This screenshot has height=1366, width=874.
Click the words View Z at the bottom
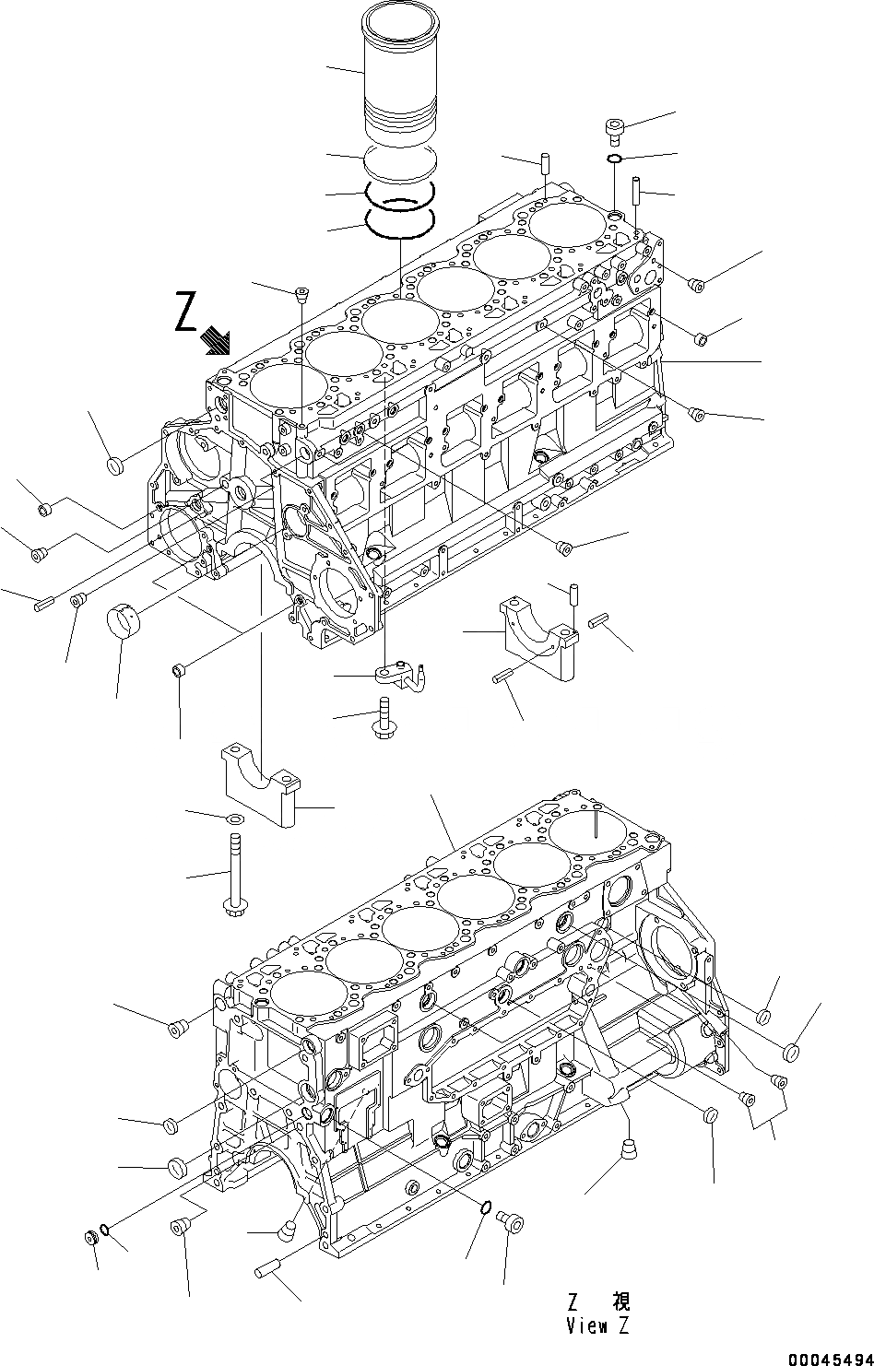[600, 1326]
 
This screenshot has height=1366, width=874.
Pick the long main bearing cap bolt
[231, 874]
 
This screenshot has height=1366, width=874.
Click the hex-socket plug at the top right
[615, 129]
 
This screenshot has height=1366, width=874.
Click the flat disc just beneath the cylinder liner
[398, 162]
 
